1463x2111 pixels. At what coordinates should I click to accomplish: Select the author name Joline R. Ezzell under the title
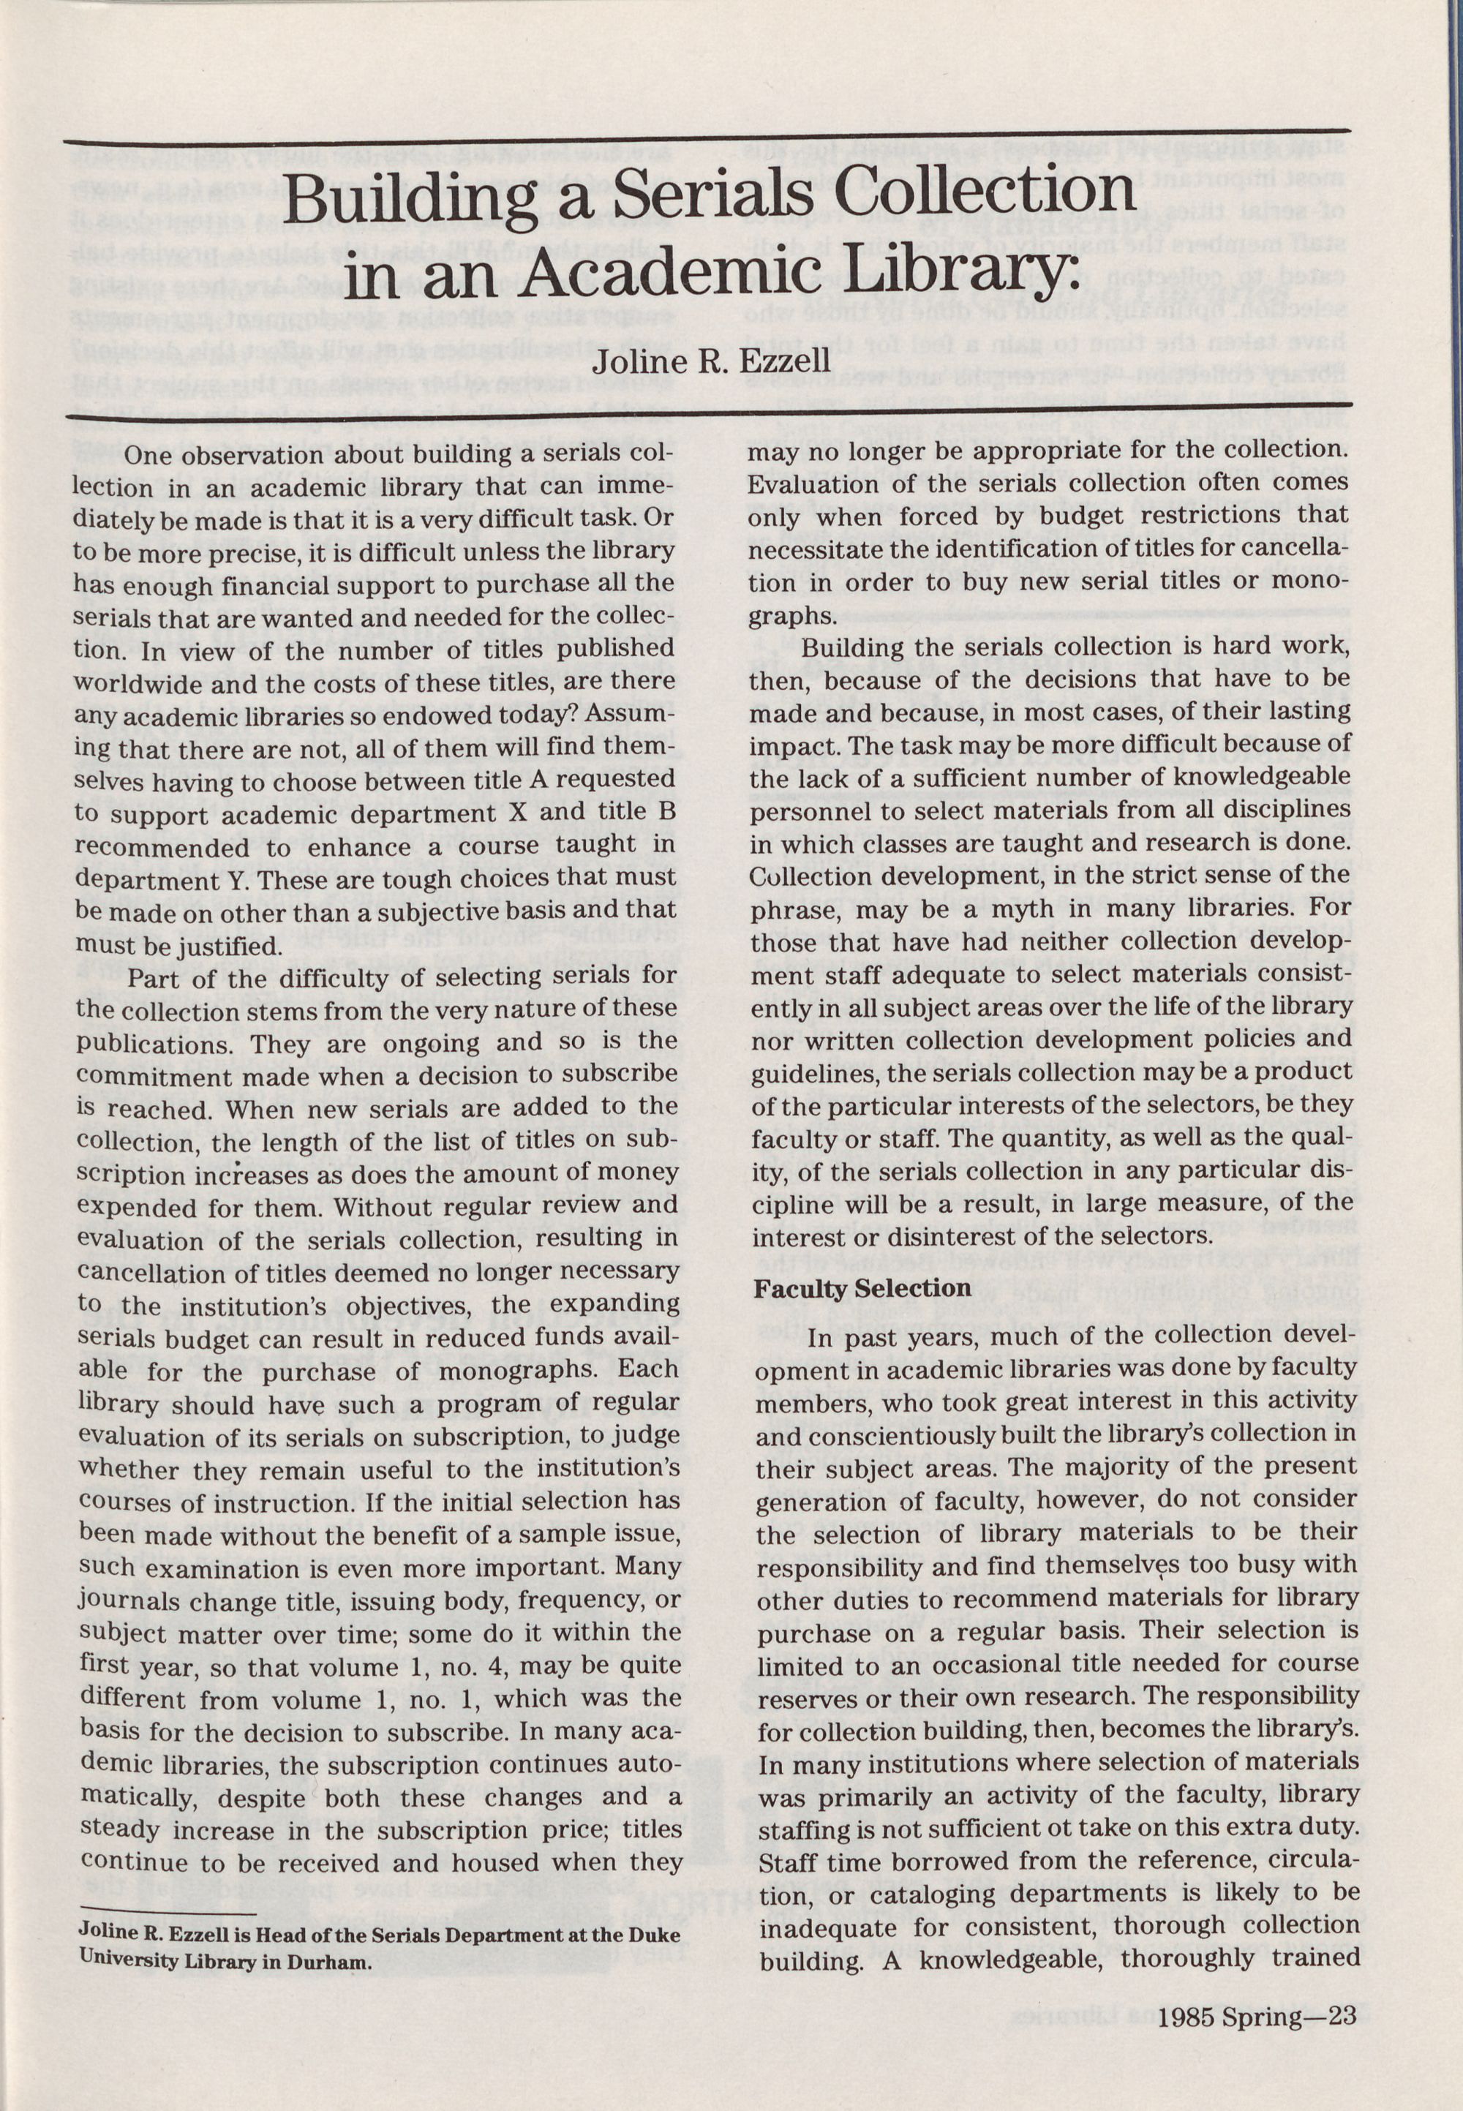(711, 359)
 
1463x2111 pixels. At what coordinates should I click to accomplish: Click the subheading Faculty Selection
(862, 1288)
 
